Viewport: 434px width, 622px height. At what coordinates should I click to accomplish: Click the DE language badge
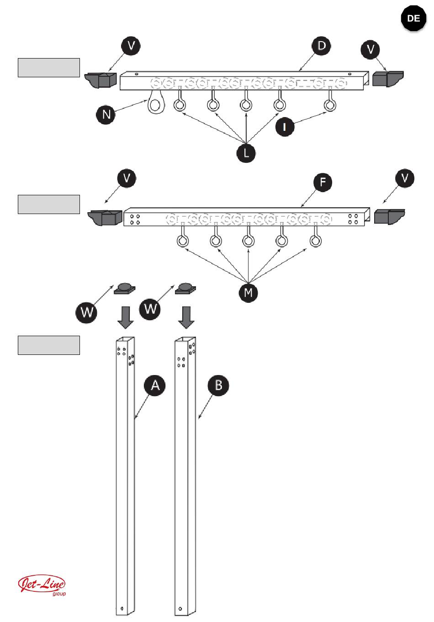(x=413, y=19)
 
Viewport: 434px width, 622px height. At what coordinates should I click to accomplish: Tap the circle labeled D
(x=322, y=46)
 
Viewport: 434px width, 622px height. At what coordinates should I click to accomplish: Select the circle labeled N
(x=106, y=114)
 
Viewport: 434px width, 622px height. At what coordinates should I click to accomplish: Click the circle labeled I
(x=285, y=127)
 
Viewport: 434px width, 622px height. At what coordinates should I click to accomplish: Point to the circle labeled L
(x=246, y=153)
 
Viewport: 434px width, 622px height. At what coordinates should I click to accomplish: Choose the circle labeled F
(x=323, y=182)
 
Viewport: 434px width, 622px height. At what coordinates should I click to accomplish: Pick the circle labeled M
(x=248, y=292)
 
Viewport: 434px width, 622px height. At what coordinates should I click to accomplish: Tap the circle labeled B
(x=218, y=385)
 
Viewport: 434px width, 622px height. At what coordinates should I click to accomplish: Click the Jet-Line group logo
(x=42, y=585)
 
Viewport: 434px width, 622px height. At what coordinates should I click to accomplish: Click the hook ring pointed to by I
(x=330, y=105)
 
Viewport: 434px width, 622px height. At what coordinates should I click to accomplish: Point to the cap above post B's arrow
(x=185, y=289)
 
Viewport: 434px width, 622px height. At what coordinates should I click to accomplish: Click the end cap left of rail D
(x=101, y=80)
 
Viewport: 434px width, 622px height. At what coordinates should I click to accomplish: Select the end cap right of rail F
(x=389, y=216)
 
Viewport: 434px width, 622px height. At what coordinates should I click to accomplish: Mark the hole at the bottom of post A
(x=122, y=608)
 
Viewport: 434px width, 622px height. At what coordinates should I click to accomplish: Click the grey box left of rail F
(x=49, y=204)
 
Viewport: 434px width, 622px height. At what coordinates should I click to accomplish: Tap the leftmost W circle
(x=86, y=313)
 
